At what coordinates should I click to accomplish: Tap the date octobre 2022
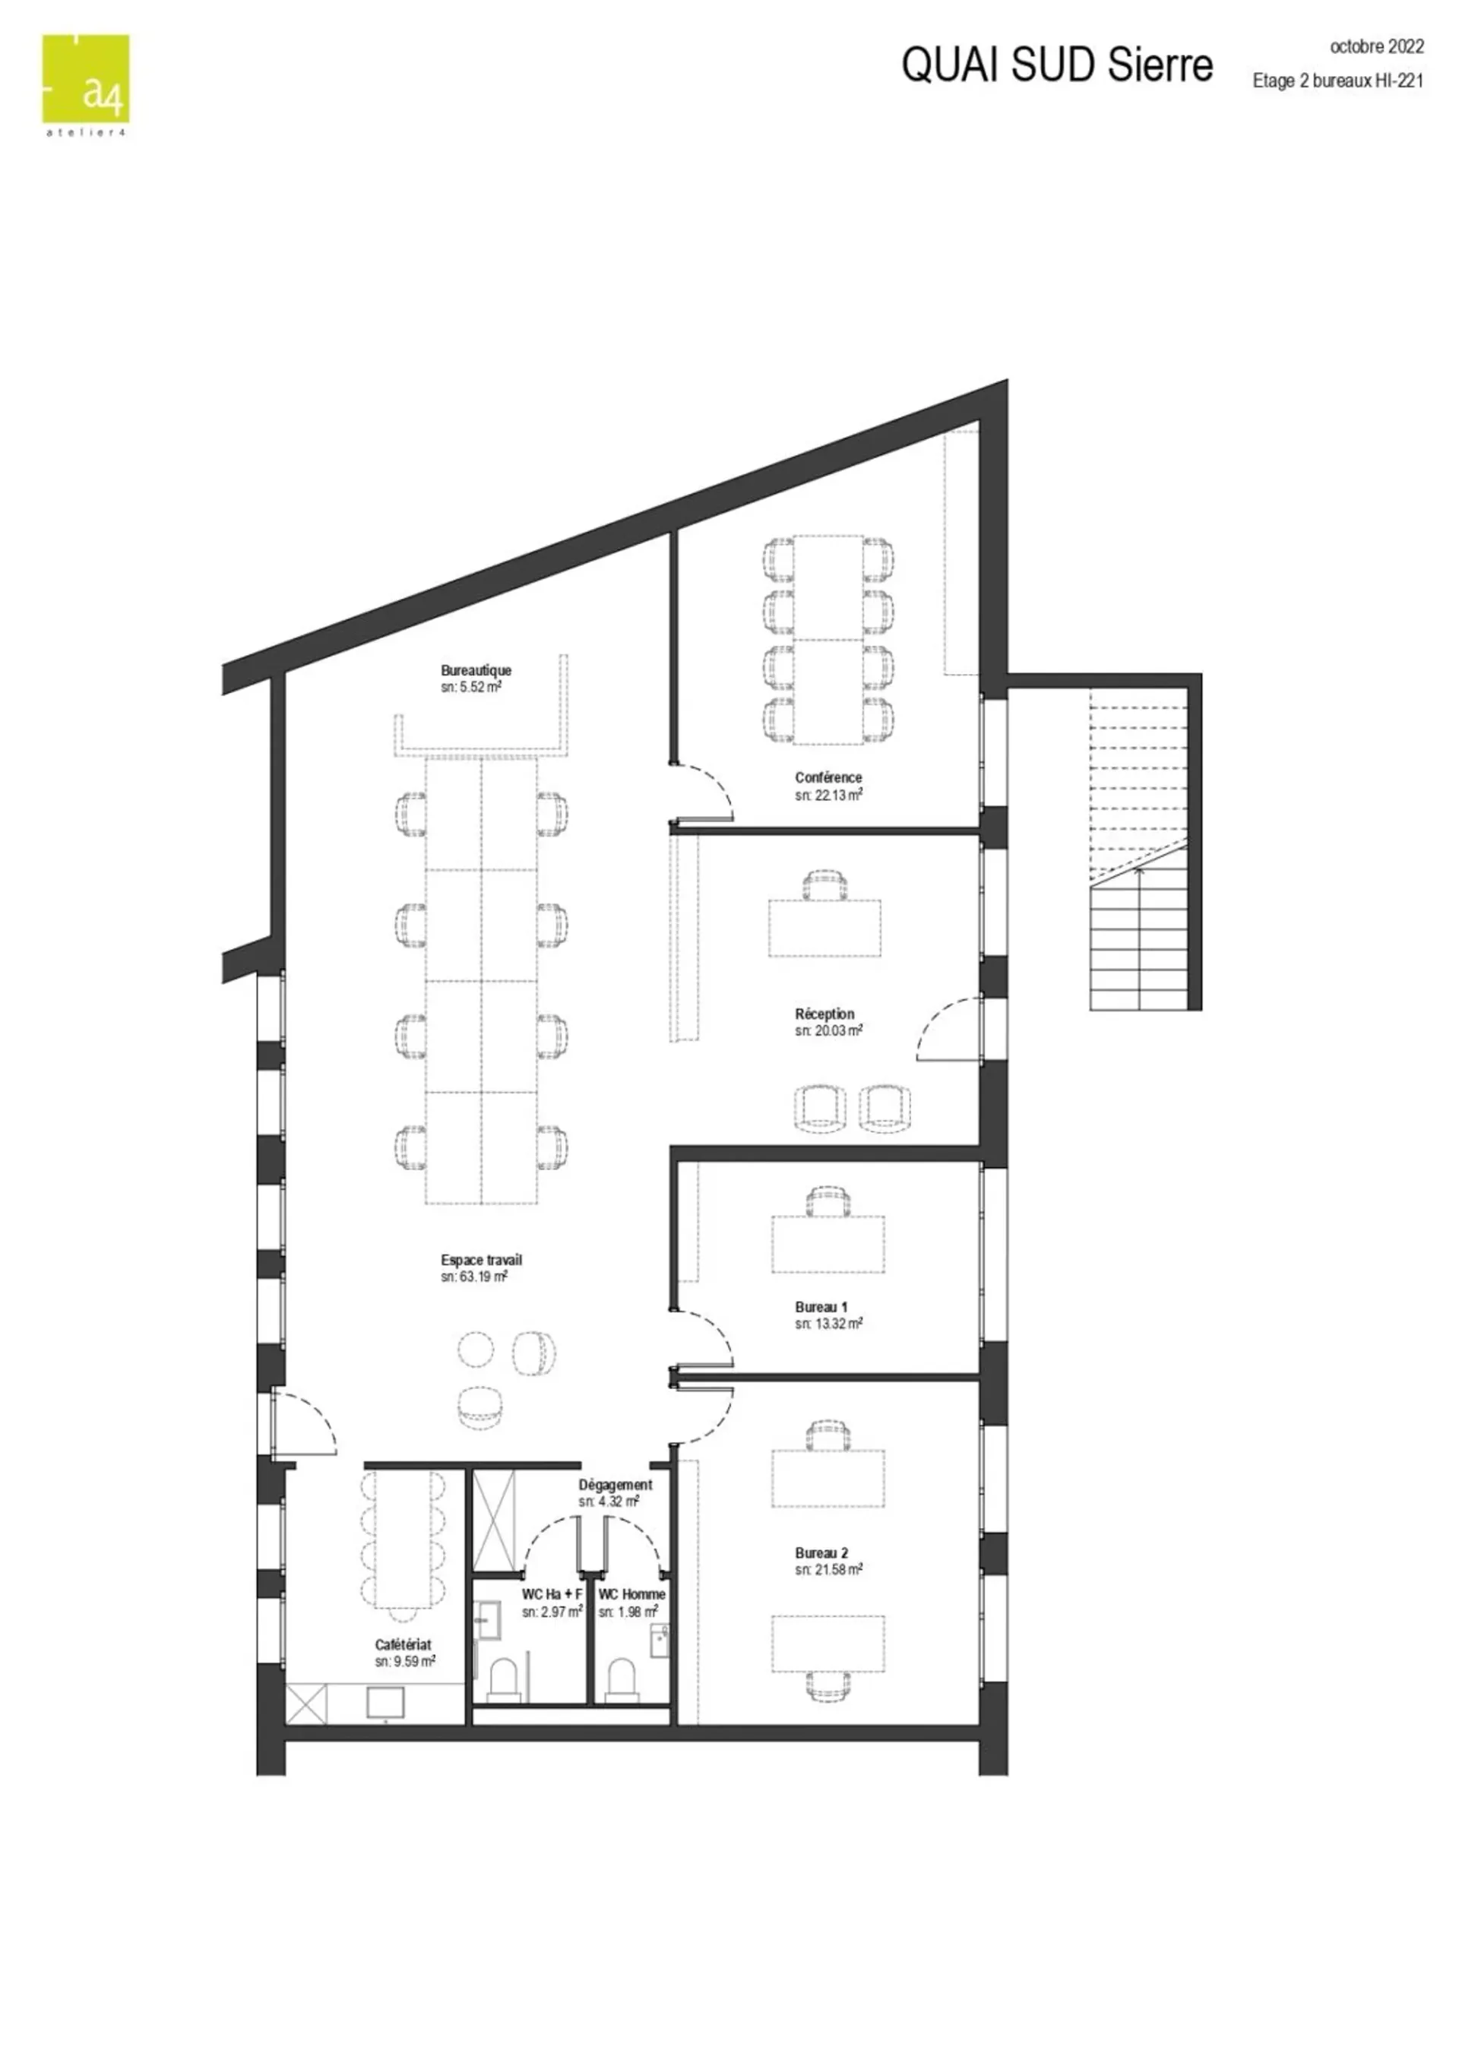pyautogui.click(x=1376, y=46)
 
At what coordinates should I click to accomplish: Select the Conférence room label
pyautogui.click(x=828, y=777)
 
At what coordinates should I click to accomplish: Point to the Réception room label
pyautogui.click(x=824, y=1014)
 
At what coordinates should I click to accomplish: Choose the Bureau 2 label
pyautogui.click(x=821, y=1552)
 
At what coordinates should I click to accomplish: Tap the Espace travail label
pyautogui.click(x=481, y=1260)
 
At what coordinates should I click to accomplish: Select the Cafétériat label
pyautogui.click(x=403, y=1644)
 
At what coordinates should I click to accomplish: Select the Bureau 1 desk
pyautogui.click(x=828, y=1245)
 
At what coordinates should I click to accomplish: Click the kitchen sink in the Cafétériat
pyautogui.click(x=385, y=1703)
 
